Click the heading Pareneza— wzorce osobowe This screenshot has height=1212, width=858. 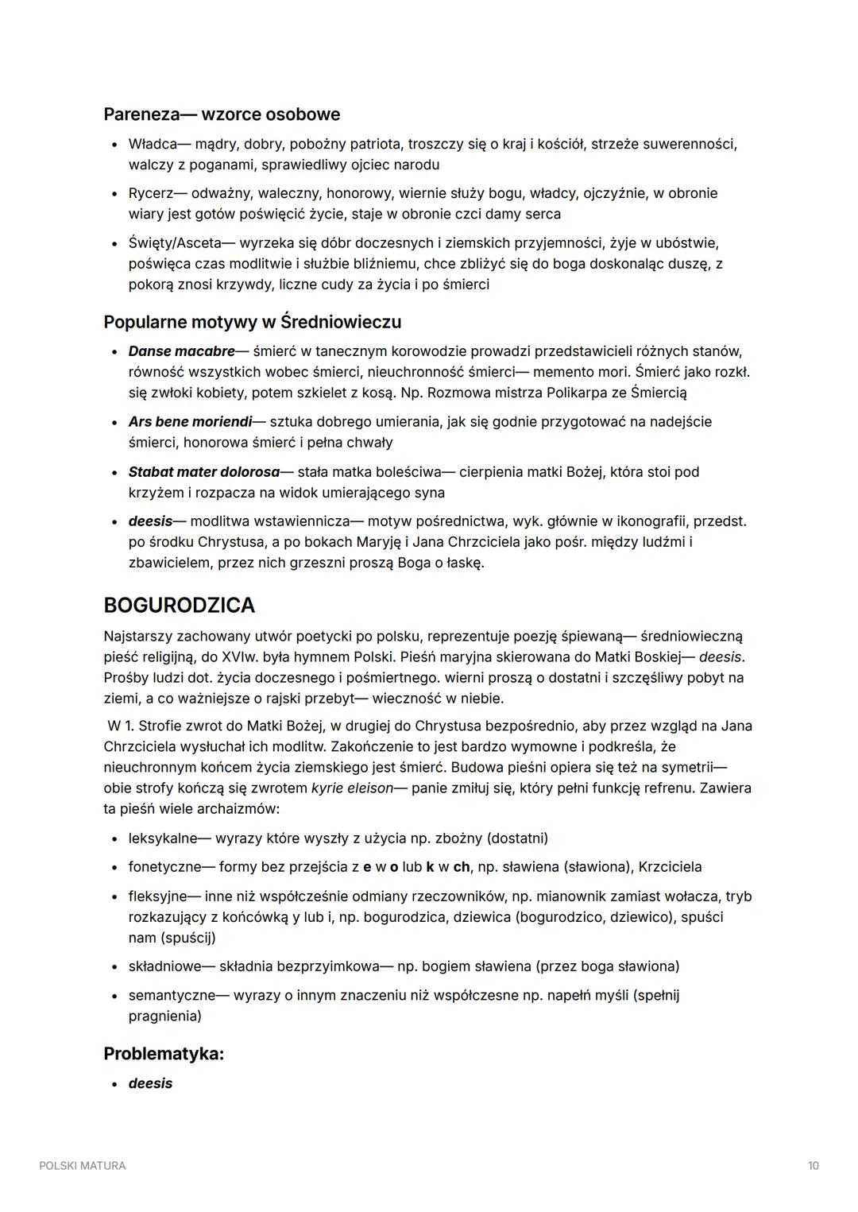pos(222,114)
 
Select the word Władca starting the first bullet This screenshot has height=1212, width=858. pos(153,145)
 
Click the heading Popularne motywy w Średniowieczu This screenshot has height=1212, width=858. pos(252,322)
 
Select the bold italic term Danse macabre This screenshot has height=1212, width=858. pos(182,351)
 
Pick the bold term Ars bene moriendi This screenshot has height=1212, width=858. pos(190,422)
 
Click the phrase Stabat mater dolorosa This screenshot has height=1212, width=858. pos(204,472)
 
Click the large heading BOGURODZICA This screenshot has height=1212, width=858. pos(180,606)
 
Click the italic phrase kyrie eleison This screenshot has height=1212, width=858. pos(352,788)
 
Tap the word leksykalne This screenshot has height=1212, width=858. pos(163,838)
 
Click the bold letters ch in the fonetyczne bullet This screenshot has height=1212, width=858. pos(461,867)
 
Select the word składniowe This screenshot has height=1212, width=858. pos(164,966)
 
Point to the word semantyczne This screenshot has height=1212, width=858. pos(167,996)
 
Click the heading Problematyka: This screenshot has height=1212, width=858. pos(164,1054)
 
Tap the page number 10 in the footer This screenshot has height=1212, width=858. pos(813,1166)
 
